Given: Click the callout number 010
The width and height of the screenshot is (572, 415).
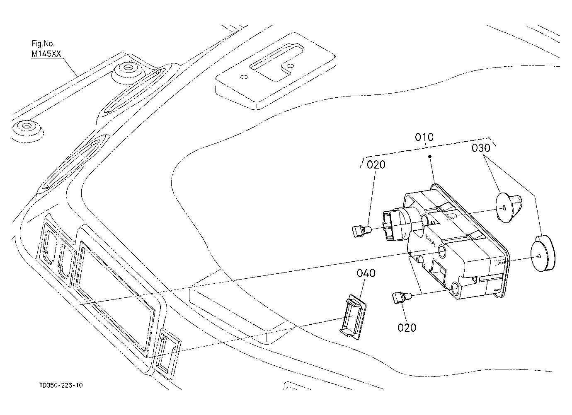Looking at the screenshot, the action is click(424, 138).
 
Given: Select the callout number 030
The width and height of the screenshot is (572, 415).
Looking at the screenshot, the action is click(481, 148).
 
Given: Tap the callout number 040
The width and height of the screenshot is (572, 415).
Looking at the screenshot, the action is click(366, 273).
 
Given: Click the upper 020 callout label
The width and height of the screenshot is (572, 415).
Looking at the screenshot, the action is click(376, 165).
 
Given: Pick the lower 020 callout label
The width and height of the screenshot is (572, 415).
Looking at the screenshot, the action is click(407, 328).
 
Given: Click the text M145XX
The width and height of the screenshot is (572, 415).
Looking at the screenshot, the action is click(46, 54).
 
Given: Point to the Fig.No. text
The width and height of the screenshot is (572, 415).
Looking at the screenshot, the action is click(43, 43).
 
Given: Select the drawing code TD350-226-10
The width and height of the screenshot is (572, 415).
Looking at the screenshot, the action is click(61, 385).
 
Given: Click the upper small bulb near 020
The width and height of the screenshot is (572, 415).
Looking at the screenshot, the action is click(361, 230).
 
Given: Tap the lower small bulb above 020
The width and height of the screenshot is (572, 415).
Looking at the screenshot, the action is click(402, 298).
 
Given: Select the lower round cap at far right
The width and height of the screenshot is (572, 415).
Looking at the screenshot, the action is click(543, 253).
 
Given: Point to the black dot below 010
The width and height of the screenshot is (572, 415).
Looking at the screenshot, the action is click(430, 157).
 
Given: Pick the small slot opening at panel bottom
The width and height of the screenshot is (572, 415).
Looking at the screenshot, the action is click(167, 354).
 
